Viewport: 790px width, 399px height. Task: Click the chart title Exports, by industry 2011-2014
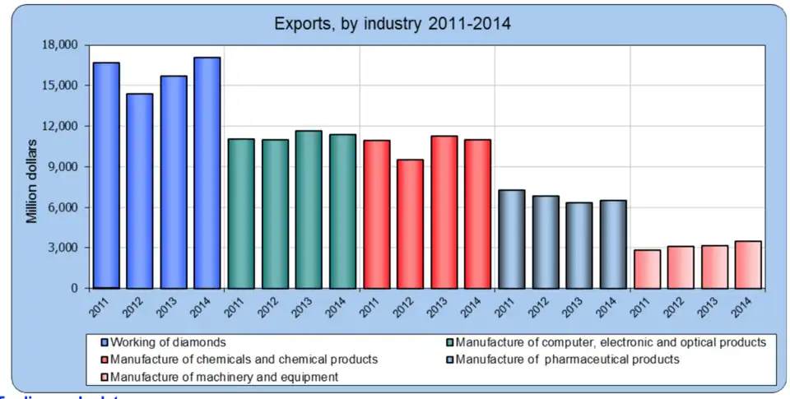pos(393,23)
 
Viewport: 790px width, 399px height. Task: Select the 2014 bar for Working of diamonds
pos(207,173)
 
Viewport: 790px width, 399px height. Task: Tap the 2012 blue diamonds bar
pos(139,191)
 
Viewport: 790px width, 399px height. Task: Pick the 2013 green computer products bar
pos(308,210)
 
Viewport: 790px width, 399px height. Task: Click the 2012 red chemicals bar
pos(409,224)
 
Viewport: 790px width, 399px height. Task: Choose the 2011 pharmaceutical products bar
pos(510,239)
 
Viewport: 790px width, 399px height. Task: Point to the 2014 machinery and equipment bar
pos(747,265)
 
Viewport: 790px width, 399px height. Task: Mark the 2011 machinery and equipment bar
pos(646,269)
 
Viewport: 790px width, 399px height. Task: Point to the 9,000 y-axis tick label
pos(63,167)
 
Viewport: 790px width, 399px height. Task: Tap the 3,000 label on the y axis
pos(63,248)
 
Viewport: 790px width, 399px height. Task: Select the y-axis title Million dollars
pos(31,181)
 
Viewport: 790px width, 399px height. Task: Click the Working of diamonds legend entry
pos(169,341)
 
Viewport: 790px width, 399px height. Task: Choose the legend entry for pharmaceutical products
pos(567,360)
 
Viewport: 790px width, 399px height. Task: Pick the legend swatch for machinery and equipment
pos(104,378)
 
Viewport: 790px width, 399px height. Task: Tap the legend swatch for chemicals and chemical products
pos(104,360)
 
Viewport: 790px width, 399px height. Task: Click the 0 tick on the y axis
pos(74,289)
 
